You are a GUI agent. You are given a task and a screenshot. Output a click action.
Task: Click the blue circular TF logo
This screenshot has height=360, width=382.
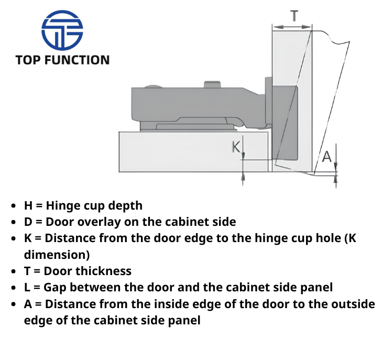tap(62, 30)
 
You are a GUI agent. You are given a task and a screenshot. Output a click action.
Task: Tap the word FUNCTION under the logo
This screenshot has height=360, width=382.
tap(77, 60)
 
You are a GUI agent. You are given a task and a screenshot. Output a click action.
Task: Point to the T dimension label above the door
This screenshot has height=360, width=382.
tap(294, 16)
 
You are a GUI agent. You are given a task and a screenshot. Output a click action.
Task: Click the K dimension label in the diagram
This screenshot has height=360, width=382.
tap(236, 147)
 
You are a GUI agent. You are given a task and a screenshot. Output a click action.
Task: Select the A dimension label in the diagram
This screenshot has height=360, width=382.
tap(326, 157)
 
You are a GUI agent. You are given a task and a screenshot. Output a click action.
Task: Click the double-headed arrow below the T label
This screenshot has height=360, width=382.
tap(292, 27)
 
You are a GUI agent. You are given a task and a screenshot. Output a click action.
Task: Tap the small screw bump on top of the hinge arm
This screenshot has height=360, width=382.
tap(212, 84)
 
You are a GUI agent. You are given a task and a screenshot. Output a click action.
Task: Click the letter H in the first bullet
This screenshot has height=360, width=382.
tap(28, 205)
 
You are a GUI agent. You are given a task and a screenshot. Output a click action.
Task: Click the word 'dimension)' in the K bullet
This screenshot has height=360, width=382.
tap(57, 255)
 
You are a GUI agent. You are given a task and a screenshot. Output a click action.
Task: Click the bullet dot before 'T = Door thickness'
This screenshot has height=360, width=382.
tap(14, 271)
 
